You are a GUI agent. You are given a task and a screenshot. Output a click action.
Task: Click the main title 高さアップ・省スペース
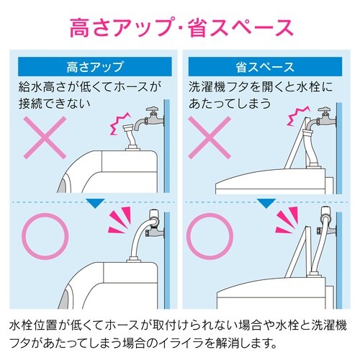point(180,27)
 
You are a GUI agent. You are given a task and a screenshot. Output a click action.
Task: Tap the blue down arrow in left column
point(95,204)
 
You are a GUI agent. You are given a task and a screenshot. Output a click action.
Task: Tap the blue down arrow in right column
point(266,204)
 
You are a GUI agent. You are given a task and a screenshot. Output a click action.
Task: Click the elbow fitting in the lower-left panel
point(154,220)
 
